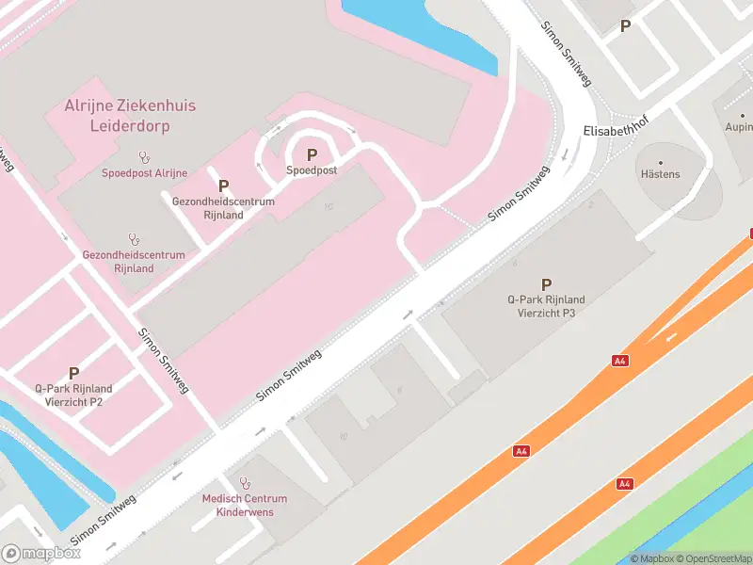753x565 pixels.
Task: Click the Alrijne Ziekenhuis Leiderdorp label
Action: pyautogui.click(x=130, y=115)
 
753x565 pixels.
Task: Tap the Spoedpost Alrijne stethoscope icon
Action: pyautogui.click(x=144, y=157)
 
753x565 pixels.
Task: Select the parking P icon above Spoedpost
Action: pyautogui.click(x=312, y=154)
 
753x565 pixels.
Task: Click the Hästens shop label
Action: pyautogui.click(x=660, y=174)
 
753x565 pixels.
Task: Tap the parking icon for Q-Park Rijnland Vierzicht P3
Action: pyautogui.click(x=546, y=283)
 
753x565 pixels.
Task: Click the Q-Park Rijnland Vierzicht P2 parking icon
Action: pyautogui.click(x=73, y=373)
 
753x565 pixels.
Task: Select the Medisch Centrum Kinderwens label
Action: pyautogui.click(x=245, y=505)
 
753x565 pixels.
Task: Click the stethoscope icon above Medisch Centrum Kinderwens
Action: pyautogui.click(x=246, y=483)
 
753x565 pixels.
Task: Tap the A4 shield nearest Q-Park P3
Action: pyautogui.click(x=620, y=361)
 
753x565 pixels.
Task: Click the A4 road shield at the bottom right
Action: pyautogui.click(x=624, y=483)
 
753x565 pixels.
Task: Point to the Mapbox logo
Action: pyautogui.click(x=41, y=554)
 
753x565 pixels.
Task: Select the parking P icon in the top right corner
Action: pyautogui.click(x=625, y=26)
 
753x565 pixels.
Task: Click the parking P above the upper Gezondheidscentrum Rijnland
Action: pyautogui.click(x=224, y=186)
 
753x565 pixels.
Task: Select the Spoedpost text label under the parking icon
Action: pyautogui.click(x=312, y=170)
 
